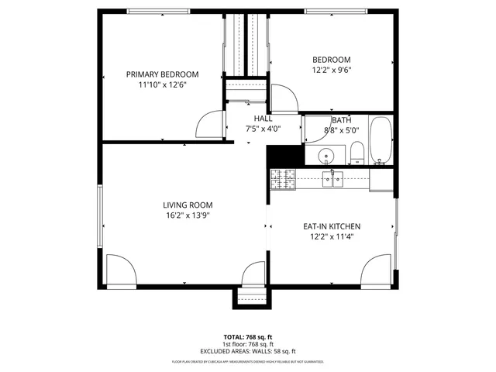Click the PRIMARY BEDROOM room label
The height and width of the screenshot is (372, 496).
pos(163,74)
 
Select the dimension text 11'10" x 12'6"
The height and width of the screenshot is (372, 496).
pos(163,84)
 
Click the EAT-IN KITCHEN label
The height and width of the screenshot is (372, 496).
pos(332,226)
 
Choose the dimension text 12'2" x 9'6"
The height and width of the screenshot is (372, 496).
pos(332,70)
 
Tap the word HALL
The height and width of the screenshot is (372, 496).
pos(263,119)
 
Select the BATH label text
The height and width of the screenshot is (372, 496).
pos(342,120)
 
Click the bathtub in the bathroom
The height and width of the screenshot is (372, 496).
pos(381,141)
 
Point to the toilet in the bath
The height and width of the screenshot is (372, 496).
pos(356,152)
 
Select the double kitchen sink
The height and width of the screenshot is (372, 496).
pos(334,180)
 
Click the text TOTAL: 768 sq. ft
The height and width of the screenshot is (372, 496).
pos(248,337)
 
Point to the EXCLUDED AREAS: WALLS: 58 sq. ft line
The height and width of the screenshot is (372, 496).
pos(248,351)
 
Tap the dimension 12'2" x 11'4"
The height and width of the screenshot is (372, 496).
pos(332,237)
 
